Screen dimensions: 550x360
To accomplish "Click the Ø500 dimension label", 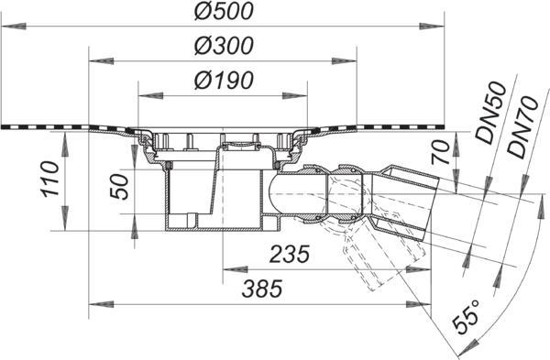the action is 224,11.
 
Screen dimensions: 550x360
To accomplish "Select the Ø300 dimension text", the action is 224,46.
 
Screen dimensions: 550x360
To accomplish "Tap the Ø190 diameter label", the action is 224,81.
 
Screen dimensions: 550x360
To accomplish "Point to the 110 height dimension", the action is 49,179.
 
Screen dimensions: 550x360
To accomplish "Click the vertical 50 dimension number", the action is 119,187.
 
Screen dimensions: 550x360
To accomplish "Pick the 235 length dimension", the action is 290,254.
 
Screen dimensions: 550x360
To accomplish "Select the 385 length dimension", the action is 262,289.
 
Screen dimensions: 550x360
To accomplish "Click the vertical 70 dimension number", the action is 440,152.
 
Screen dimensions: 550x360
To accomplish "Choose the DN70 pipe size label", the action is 522,126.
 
